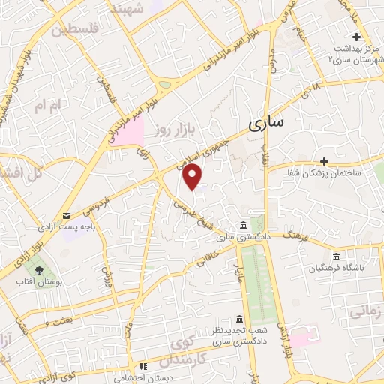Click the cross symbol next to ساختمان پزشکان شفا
click(324, 161)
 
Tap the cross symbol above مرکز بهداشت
click(357, 37)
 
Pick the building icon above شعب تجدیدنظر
click(238, 317)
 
